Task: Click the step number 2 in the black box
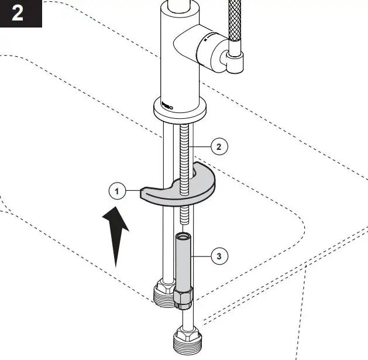point(18,13)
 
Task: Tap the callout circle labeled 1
point(117,191)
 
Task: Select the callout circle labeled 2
point(219,146)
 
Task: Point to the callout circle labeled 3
point(219,256)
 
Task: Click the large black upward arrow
point(116,234)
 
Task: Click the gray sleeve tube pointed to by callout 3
point(183,263)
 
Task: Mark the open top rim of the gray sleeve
point(183,236)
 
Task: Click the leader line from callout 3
point(201,256)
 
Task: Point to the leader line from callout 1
point(133,190)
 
